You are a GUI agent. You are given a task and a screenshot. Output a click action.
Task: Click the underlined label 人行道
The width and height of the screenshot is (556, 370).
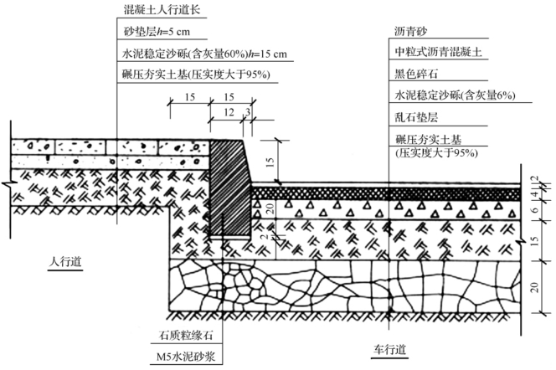(x=64, y=262)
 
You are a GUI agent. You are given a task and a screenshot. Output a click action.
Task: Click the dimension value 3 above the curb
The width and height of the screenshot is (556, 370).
(x=249, y=111)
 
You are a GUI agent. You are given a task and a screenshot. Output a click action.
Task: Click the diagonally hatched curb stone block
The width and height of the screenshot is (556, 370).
(x=229, y=188)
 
